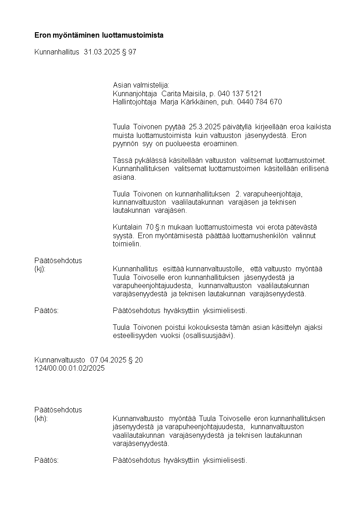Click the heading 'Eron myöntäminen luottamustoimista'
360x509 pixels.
(x=99, y=35)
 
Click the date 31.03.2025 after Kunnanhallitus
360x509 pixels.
(x=102, y=52)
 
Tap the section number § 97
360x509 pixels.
(x=130, y=52)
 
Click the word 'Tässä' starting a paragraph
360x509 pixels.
(x=122, y=161)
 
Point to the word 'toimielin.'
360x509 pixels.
(x=127, y=244)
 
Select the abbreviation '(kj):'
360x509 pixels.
(x=40, y=269)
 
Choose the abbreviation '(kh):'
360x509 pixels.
(x=41, y=418)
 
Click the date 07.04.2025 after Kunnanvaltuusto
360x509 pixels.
(x=108, y=360)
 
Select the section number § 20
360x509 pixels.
(x=136, y=360)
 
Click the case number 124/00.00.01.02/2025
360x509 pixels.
(x=69, y=368)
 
